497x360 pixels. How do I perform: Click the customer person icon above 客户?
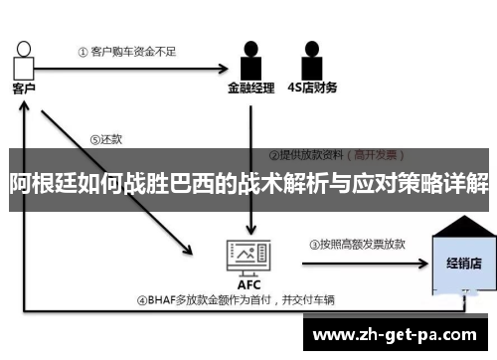[x=25, y=60]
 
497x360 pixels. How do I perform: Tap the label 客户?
[x=25, y=88]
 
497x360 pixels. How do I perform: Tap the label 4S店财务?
[x=311, y=89]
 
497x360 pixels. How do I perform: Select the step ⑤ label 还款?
[x=105, y=140]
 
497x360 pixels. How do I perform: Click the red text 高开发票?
[x=377, y=155]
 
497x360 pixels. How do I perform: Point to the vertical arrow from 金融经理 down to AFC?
[x=251, y=129]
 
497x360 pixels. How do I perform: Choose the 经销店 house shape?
[x=462, y=257]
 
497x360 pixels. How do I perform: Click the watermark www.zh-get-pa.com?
[x=395, y=333]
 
